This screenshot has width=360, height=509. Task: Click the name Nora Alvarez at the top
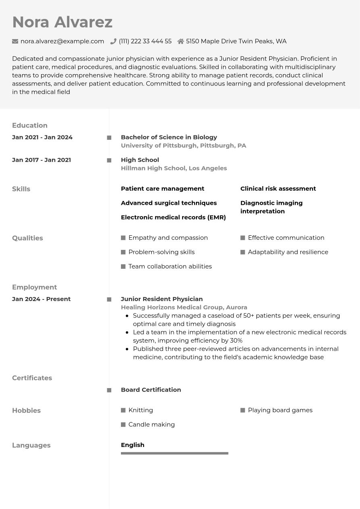(62, 22)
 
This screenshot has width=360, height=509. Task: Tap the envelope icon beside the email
(15, 41)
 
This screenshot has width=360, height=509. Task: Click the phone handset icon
(113, 41)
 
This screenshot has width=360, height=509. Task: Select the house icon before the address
(181, 41)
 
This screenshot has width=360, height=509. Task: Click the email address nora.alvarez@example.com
(62, 41)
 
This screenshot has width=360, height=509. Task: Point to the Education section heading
(30, 125)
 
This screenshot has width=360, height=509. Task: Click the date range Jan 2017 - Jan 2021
(42, 160)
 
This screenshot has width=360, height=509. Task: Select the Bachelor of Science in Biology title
(169, 137)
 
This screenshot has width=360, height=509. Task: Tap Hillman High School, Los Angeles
(174, 168)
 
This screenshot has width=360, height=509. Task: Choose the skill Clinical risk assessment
(278, 189)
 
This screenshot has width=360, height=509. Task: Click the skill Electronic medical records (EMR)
(173, 217)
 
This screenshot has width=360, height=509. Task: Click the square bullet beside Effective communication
(243, 238)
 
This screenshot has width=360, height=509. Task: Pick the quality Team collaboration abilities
(170, 266)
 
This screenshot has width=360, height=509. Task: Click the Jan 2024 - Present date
(41, 299)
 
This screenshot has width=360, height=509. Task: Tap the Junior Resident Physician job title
(162, 299)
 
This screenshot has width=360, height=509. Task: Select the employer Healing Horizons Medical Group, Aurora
(184, 307)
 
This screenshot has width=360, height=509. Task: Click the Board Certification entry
(151, 390)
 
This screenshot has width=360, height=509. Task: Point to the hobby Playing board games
(280, 410)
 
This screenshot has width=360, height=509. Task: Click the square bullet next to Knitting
(123, 410)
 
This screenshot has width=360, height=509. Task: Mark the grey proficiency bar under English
(175, 453)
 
